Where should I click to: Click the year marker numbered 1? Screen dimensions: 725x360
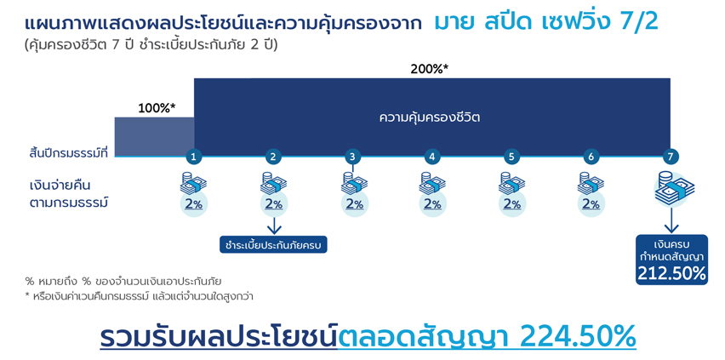(x=194, y=157)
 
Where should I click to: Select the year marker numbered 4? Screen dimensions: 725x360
(x=432, y=157)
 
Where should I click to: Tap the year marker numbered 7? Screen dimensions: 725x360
(x=671, y=157)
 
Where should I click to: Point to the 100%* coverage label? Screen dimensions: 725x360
(x=157, y=109)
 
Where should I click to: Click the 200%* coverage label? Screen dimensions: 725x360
(x=430, y=70)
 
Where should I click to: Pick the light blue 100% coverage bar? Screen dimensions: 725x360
(x=154, y=137)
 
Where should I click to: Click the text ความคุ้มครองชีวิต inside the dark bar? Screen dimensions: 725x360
(x=430, y=117)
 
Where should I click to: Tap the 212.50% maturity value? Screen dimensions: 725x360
(x=672, y=274)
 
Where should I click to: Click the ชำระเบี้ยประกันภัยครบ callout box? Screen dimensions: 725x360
(x=273, y=244)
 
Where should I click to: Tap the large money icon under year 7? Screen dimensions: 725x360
(x=674, y=188)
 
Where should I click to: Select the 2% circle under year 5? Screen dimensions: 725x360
(x=512, y=204)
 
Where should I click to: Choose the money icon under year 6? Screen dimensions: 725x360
(x=591, y=183)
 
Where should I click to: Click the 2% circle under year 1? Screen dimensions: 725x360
(x=194, y=204)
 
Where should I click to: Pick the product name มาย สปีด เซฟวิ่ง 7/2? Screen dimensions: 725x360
(x=546, y=23)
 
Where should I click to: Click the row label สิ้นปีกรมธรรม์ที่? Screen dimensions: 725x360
(x=68, y=153)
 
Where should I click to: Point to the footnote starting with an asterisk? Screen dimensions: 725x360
(x=140, y=297)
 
